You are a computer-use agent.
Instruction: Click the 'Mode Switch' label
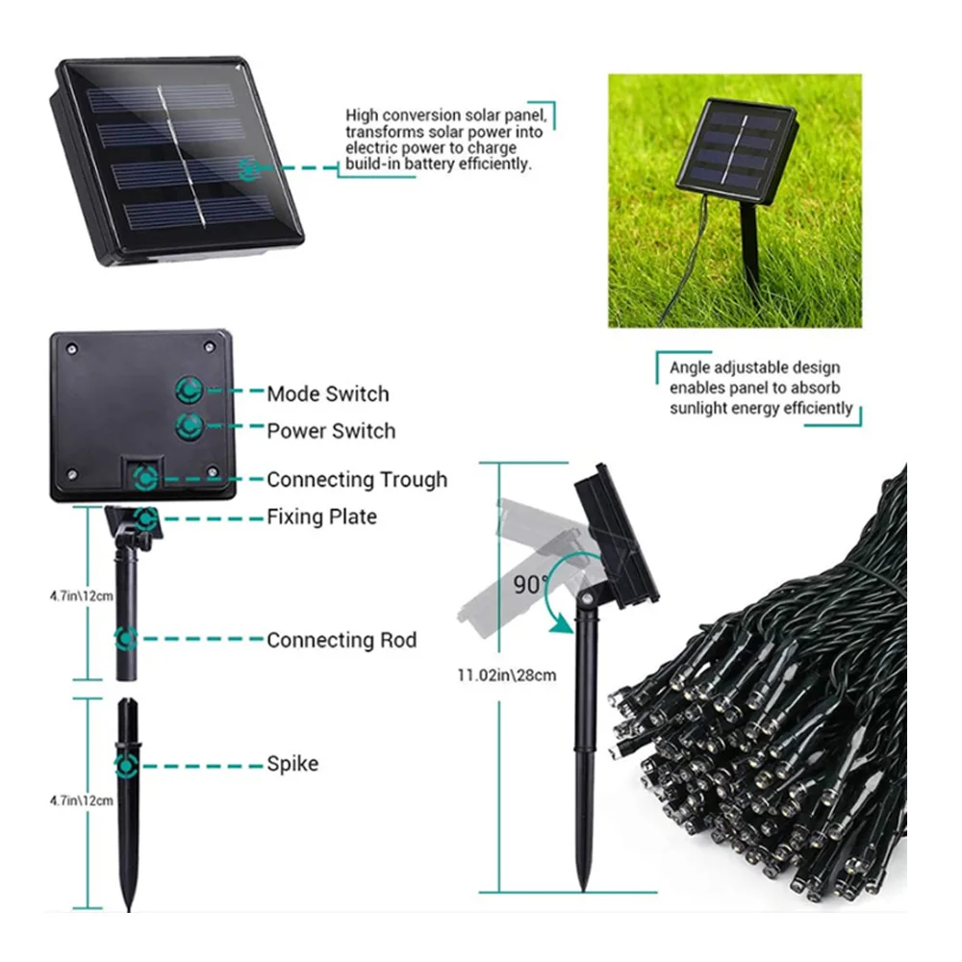click(328, 393)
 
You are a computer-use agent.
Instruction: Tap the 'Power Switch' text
click(331, 430)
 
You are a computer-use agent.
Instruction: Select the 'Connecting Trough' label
click(357, 479)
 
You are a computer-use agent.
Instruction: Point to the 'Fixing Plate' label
click(321, 517)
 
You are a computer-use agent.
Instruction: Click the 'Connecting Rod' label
click(342, 640)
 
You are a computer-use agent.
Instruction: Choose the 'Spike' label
click(292, 764)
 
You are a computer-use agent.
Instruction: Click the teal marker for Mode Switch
click(189, 390)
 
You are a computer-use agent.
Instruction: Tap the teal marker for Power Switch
click(189, 425)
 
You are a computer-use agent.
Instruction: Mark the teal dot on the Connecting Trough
click(145, 475)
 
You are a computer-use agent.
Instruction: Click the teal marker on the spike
click(125, 766)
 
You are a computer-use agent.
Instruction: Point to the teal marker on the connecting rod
click(125, 638)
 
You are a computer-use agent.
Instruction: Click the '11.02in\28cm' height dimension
click(506, 674)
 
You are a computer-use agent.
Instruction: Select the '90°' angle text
click(529, 584)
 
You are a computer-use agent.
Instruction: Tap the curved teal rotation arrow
click(556, 596)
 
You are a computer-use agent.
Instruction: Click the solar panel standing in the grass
click(736, 155)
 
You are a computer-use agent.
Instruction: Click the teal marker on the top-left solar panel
click(249, 168)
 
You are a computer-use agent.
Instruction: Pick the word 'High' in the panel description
click(364, 115)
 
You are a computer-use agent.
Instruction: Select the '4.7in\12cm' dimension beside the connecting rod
click(82, 595)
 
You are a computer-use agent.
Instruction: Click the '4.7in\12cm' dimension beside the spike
click(82, 799)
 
